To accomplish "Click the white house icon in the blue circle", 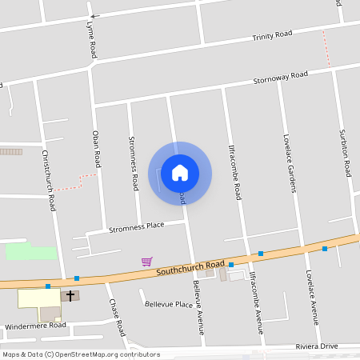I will point(180,172).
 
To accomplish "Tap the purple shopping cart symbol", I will point(147,261).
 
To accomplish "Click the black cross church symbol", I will point(70,296).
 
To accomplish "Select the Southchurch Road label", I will point(190,268).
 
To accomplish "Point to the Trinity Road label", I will point(272,36).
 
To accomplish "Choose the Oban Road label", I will point(97,148).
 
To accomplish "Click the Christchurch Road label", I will point(49,180).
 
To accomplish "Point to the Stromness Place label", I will point(136,227).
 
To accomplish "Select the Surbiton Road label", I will point(345,152).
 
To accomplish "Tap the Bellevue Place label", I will point(169,305).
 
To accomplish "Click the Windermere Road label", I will point(35,326).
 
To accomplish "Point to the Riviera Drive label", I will point(318,346).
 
